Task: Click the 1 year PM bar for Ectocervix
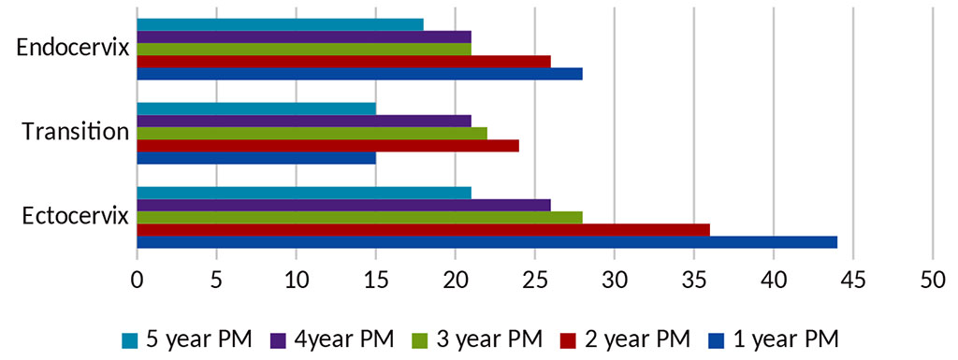[x=486, y=242]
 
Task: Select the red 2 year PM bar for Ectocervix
[x=423, y=230]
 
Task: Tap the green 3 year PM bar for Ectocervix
[x=359, y=218]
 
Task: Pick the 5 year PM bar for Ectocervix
[x=304, y=194]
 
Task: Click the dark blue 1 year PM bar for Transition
[x=256, y=158]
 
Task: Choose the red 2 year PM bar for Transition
[x=327, y=146]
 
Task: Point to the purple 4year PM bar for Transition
[x=304, y=121]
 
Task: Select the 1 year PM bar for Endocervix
[x=359, y=74]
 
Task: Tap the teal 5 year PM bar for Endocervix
[x=280, y=24]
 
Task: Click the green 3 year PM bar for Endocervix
[x=304, y=49]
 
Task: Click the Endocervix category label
[x=73, y=49]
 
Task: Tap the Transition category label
[x=76, y=132]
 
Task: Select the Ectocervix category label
[x=75, y=217]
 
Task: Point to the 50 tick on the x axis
[x=932, y=279]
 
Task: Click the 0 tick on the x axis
[x=138, y=279]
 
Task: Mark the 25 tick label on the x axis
[x=534, y=279]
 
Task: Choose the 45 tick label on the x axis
[x=852, y=279]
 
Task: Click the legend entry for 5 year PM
[x=187, y=338]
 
